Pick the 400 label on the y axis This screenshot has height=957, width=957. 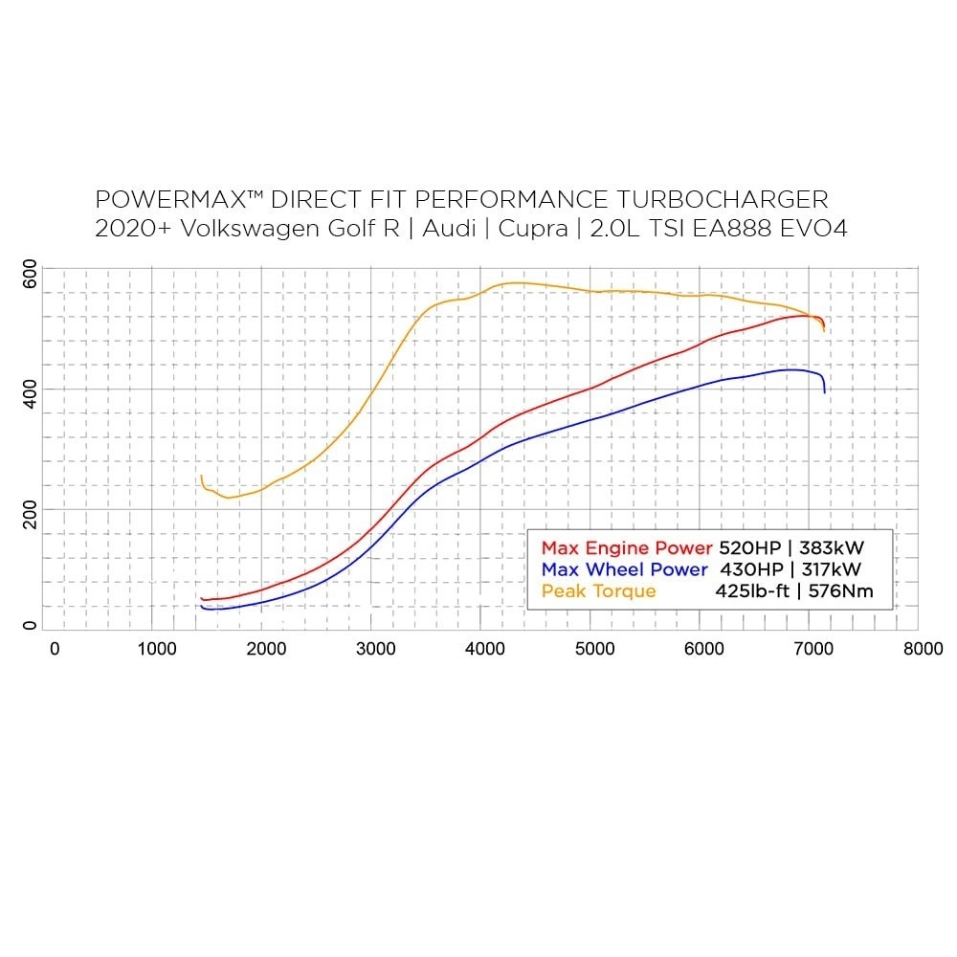(x=30, y=391)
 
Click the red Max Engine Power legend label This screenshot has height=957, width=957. (x=627, y=548)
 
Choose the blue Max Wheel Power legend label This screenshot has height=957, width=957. (x=624, y=569)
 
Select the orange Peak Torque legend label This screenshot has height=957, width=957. (x=599, y=591)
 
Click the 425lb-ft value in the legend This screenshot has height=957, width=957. (x=752, y=591)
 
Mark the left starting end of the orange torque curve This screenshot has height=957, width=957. (x=201, y=477)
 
